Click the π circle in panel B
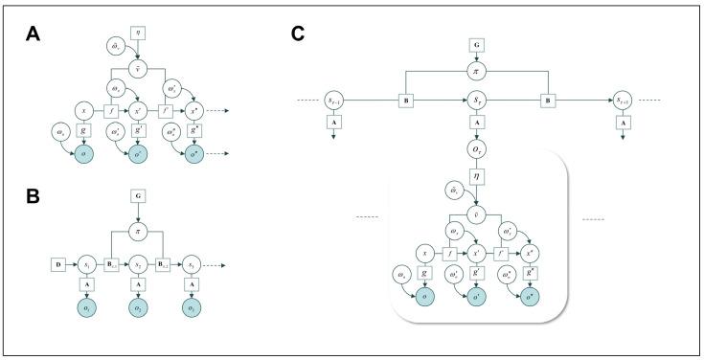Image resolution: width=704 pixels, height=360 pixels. tap(139, 233)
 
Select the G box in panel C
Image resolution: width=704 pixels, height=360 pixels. tap(476, 45)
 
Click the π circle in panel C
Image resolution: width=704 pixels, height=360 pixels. tap(476, 72)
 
